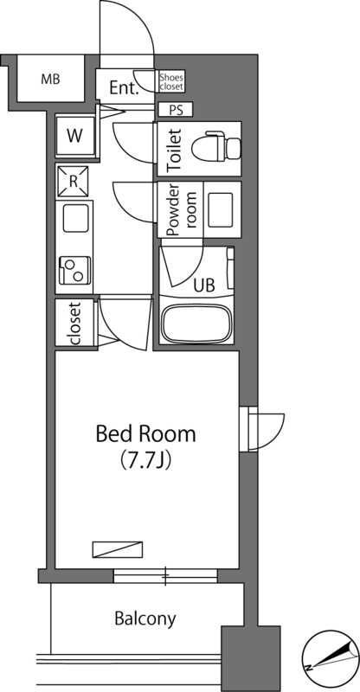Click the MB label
pos(50,80)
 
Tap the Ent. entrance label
pos(124,89)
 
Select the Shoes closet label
pos(171,82)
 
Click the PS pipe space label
pos(176,110)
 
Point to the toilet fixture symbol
pos(216,145)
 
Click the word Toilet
pos(176,150)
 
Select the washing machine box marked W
pos(75,136)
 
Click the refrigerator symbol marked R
pos(72,181)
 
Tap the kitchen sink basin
pos(75,219)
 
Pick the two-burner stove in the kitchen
pos(74,270)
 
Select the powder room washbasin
pos(221,209)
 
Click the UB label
pos(204,285)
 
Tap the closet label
pos(74,323)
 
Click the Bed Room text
pos(145,434)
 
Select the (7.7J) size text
pos(145,461)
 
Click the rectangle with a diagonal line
pos(118,549)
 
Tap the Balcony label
pos(145,619)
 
